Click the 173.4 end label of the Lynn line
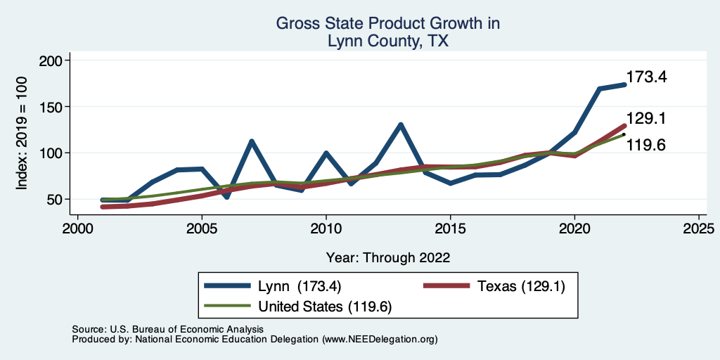click(x=646, y=77)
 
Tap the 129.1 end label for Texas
click(x=646, y=120)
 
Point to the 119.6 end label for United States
click(x=646, y=146)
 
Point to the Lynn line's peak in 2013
click(x=400, y=125)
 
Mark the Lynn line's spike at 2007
click(x=251, y=141)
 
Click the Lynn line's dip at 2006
click(x=226, y=196)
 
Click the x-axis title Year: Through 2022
click(x=388, y=257)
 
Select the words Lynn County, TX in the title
click(x=388, y=41)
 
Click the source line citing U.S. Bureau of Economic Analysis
click(x=167, y=329)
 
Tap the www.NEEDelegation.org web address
click(x=380, y=340)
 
